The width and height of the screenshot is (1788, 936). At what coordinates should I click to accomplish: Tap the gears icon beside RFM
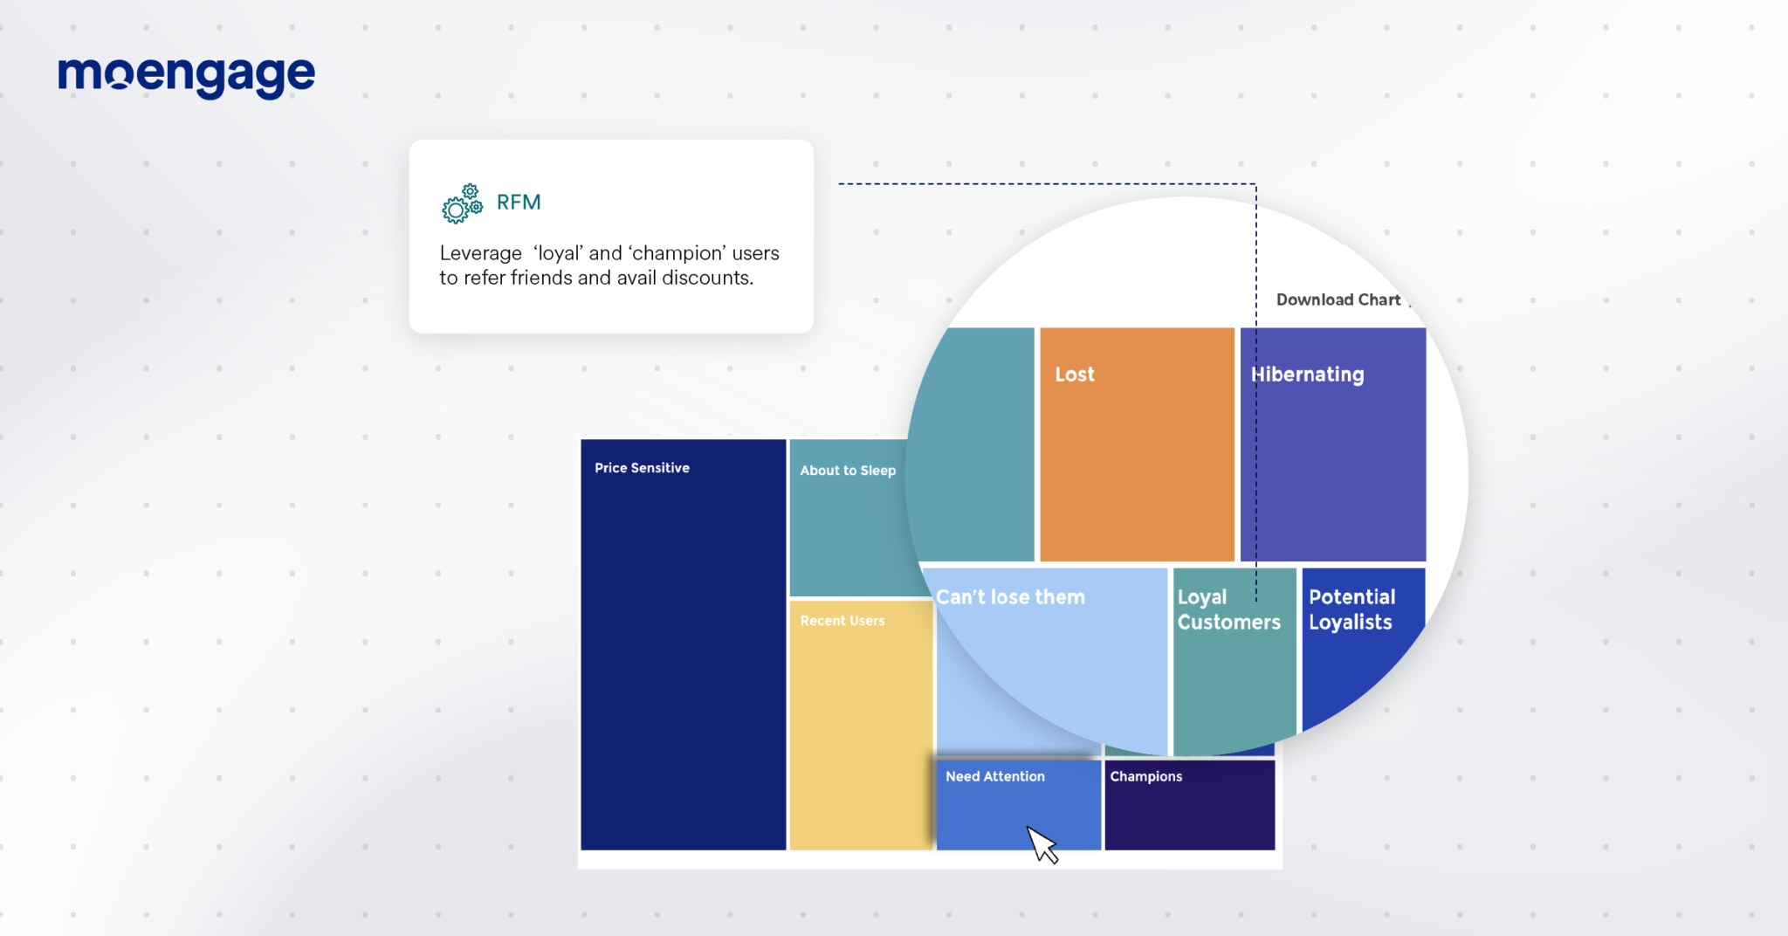point(462,203)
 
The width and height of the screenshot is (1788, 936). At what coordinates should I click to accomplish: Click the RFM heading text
point(519,203)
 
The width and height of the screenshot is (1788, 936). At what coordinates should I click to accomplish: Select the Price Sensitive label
point(642,468)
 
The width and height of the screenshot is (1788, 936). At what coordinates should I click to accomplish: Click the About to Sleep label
point(848,471)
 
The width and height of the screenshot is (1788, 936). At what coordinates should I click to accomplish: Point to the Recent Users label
point(842,621)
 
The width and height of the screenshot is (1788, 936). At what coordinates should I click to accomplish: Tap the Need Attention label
point(994,776)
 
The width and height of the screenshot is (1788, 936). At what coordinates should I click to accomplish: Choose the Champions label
point(1145,776)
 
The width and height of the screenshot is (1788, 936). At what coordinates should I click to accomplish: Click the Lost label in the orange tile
point(1074,375)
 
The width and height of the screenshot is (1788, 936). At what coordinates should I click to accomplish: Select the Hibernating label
point(1307,375)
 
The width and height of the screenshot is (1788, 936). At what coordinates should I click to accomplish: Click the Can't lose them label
point(1010,597)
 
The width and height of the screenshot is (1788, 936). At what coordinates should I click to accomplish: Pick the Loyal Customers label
point(1228,609)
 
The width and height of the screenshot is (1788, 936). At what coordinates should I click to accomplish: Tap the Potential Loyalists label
point(1351,609)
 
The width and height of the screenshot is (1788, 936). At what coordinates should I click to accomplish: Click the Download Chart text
point(1338,299)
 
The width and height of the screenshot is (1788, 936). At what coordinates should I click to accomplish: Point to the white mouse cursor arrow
point(1041,843)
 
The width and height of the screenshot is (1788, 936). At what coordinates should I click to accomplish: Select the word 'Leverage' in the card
point(480,253)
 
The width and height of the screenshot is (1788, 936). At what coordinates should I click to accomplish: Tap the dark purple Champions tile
point(1189,816)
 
